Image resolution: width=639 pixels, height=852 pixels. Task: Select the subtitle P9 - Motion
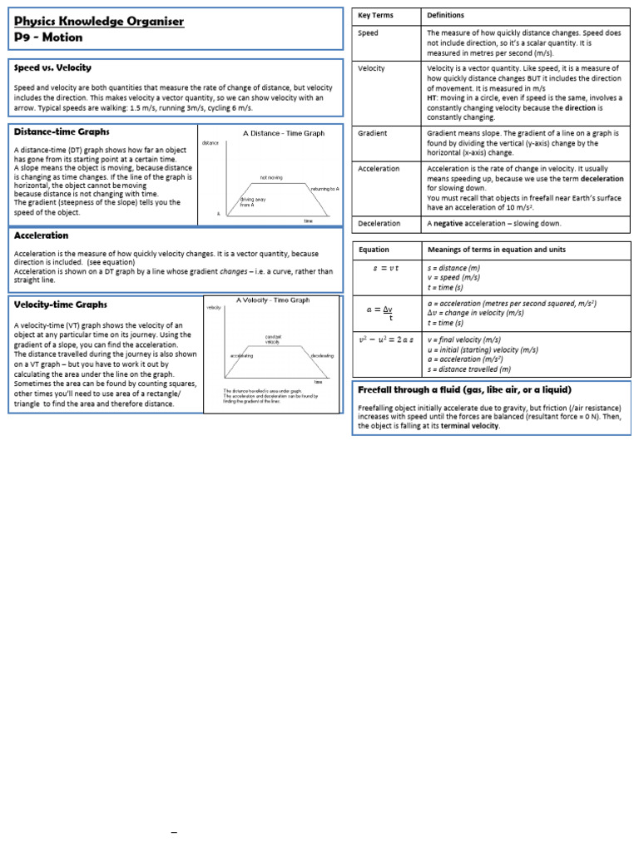[x=48, y=37]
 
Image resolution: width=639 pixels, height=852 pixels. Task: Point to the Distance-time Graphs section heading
[x=62, y=131]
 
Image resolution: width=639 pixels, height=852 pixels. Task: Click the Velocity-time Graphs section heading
[x=61, y=305]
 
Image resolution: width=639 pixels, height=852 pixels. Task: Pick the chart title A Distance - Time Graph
[x=284, y=133]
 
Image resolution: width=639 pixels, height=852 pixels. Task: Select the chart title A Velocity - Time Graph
[x=273, y=300]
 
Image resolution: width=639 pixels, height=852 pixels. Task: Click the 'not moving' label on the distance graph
[x=271, y=177]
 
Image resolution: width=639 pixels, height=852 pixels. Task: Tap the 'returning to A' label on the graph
[x=324, y=189]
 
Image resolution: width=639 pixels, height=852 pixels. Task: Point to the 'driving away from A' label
[x=252, y=202]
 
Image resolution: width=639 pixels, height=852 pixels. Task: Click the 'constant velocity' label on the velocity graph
[x=273, y=339]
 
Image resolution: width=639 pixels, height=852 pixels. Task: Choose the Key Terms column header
[x=375, y=16]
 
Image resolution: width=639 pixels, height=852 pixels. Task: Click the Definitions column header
[x=446, y=16]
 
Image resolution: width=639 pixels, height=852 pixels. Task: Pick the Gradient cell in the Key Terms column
[x=372, y=133]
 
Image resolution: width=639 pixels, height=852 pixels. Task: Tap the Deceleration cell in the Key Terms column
[x=379, y=224]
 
